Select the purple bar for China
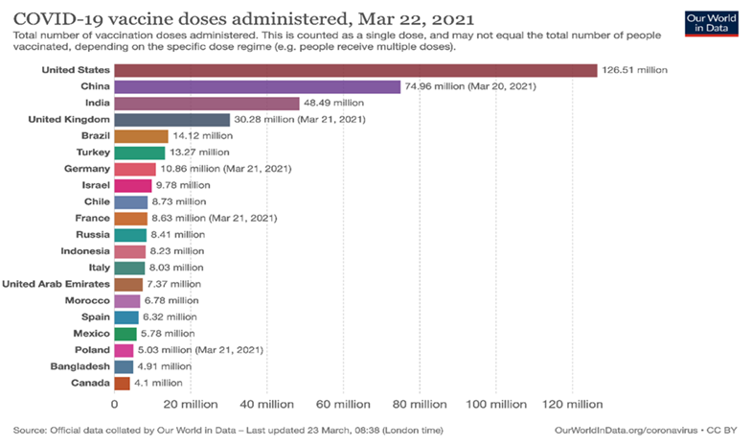(257, 87)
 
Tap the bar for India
(206, 104)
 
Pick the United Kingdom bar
(171, 120)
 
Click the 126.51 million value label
(634, 70)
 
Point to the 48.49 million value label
(334, 104)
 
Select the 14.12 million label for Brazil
(203, 136)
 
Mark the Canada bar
(122, 384)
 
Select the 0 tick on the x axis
(114, 404)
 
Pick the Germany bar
(134, 169)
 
